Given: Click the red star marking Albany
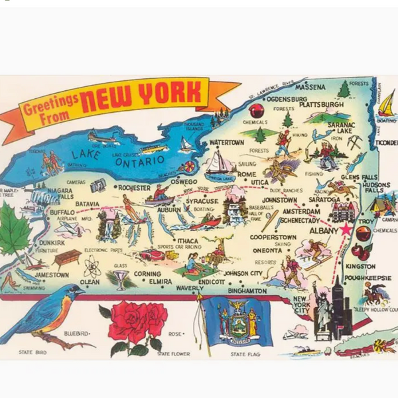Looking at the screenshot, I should click(x=345, y=229).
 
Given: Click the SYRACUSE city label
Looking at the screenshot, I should click(x=202, y=200).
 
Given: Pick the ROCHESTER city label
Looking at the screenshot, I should click(x=134, y=188).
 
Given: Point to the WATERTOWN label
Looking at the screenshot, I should click(x=227, y=143).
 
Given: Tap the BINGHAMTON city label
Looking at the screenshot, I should click(x=246, y=291).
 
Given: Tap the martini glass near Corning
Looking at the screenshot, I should click(x=120, y=279).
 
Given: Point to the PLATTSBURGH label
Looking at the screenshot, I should click(x=321, y=105).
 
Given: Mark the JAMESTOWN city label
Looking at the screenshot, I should click(x=51, y=275).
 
